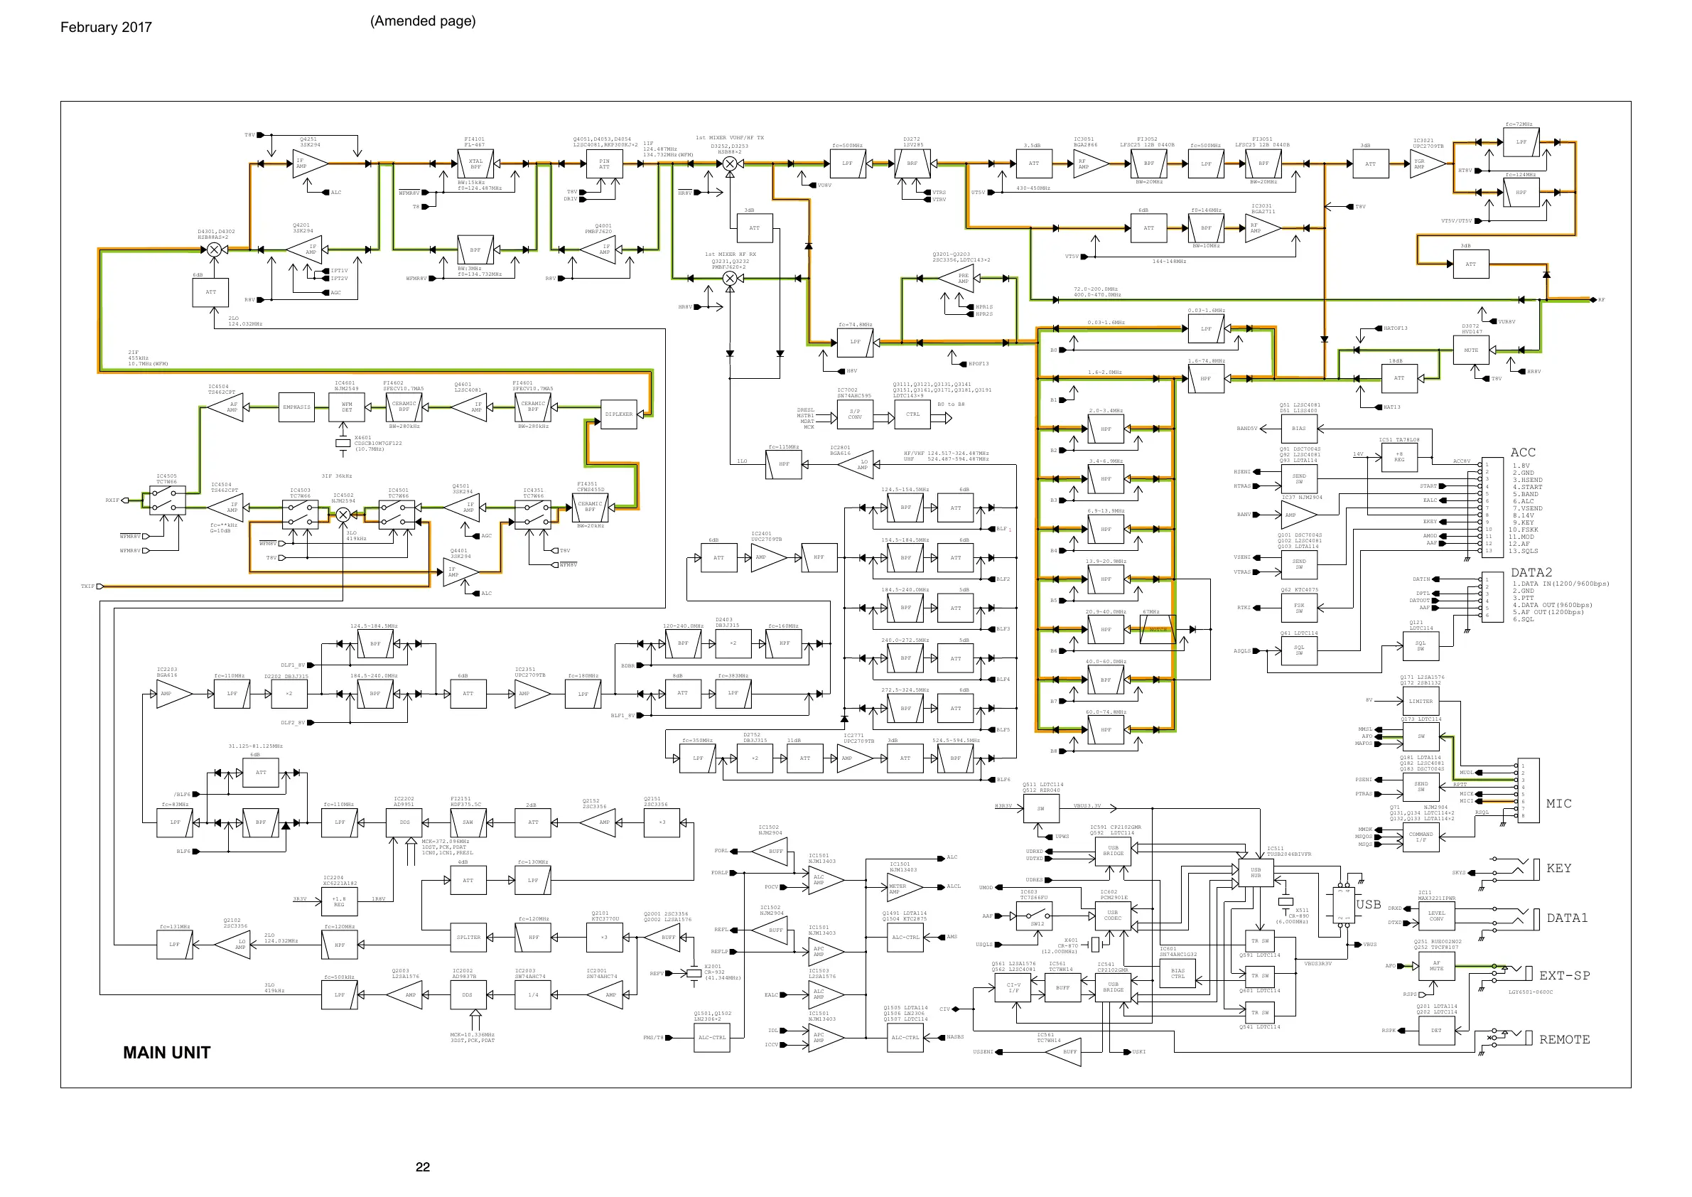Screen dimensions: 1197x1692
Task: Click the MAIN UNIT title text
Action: coord(166,1053)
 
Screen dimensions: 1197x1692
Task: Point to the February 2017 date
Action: coord(106,27)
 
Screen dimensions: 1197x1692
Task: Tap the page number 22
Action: coord(422,1166)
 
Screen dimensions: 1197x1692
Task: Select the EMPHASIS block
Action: coord(296,407)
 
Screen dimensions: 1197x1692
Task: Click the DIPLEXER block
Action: coord(618,414)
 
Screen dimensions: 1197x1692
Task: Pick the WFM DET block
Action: coord(346,407)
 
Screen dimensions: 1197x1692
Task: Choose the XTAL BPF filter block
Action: coord(475,163)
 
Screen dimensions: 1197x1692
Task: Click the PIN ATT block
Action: coord(604,163)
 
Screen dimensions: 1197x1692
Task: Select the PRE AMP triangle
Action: coord(959,279)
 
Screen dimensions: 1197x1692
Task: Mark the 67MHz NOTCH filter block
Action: coord(1158,630)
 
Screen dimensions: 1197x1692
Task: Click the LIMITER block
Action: coord(1421,701)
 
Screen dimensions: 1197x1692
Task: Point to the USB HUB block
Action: coord(1256,873)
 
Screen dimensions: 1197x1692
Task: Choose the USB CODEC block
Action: coord(1113,916)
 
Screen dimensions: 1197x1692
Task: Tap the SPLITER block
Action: coord(468,938)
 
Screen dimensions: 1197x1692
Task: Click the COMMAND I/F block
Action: coord(1421,837)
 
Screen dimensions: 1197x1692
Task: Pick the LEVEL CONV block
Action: coord(1436,916)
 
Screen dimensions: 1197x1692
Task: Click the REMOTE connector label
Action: coord(1565,1039)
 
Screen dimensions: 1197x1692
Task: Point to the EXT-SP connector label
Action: coord(1565,975)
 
